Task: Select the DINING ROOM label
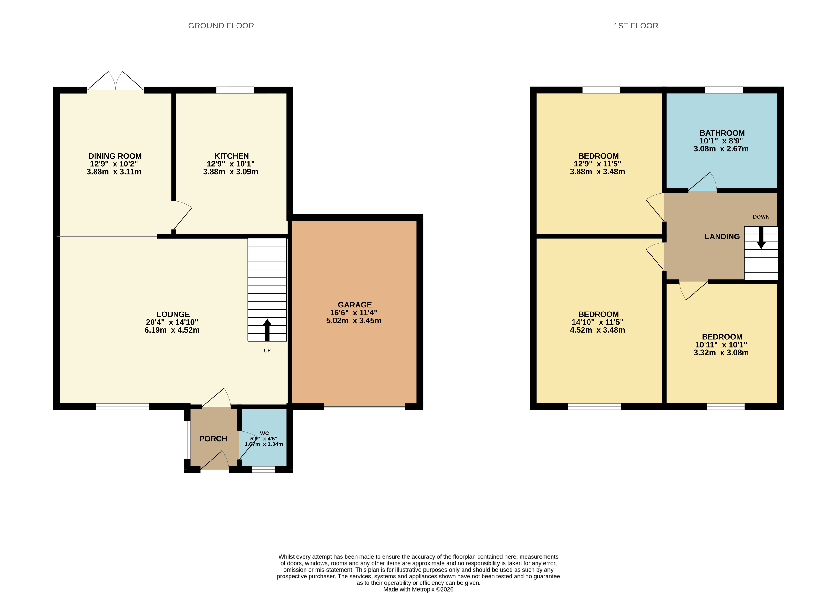pos(115,156)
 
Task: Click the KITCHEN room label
pos(232,156)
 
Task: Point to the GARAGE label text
pos(354,305)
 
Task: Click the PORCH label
pos(213,439)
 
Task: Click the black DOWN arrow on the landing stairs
pos(761,237)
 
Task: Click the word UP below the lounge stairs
pos(267,350)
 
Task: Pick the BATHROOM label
pos(722,133)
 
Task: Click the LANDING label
pos(722,237)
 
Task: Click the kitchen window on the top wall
pos(235,90)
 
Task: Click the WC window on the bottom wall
pos(263,470)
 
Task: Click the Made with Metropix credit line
pos(418,589)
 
